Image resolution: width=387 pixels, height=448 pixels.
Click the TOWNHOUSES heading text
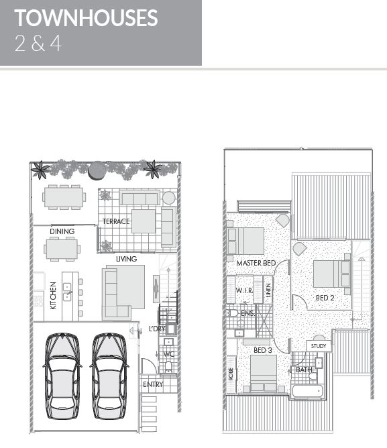pyautogui.click(x=86, y=17)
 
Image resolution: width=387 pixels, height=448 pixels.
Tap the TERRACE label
pyautogui.click(x=116, y=221)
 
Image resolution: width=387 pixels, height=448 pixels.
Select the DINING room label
pyautogui.click(x=62, y=231)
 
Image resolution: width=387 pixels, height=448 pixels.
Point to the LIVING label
pyautogui.click(x=126, y=259)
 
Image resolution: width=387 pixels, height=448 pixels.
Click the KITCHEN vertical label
pyautogui.click(x=53, y=296)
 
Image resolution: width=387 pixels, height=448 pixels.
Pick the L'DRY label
pyautogui.click(x=157, y=329)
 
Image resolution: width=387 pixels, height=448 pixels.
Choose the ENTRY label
pyautogui.click(x=153, y=384)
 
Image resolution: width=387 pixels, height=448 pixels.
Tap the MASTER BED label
pyautogui.click(x=256, y=263)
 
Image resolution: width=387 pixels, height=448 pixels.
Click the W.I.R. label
pyautogui.click(x=244, y=290)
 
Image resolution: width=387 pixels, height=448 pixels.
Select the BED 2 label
pyautogui.click(x=325, y=298)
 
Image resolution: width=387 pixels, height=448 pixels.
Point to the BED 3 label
pyautogui.click(x=263, y=350)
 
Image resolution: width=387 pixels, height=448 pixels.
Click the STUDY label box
pyautogui.click(x=319, y=346)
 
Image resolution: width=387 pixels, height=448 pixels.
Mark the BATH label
pyautogui.click(x=304, y=370)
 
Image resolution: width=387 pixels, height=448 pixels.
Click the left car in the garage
pyautogui.click(x=62, y=376)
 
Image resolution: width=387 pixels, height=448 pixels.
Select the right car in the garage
pyautogui.click(x=109, y=376)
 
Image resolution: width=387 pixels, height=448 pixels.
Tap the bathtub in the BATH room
pyautogui.click(x=308, y=390)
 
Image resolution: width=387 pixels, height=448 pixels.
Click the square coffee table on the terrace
pyautogui.click(x=144, y=221)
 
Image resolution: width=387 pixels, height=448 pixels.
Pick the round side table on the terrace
pyautogui.click(x=169, y=198)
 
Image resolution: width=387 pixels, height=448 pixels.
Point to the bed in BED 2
pyautogui.click(x=332, y=274)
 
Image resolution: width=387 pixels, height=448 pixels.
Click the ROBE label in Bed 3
pyautogui.click(x=231, y=374)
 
